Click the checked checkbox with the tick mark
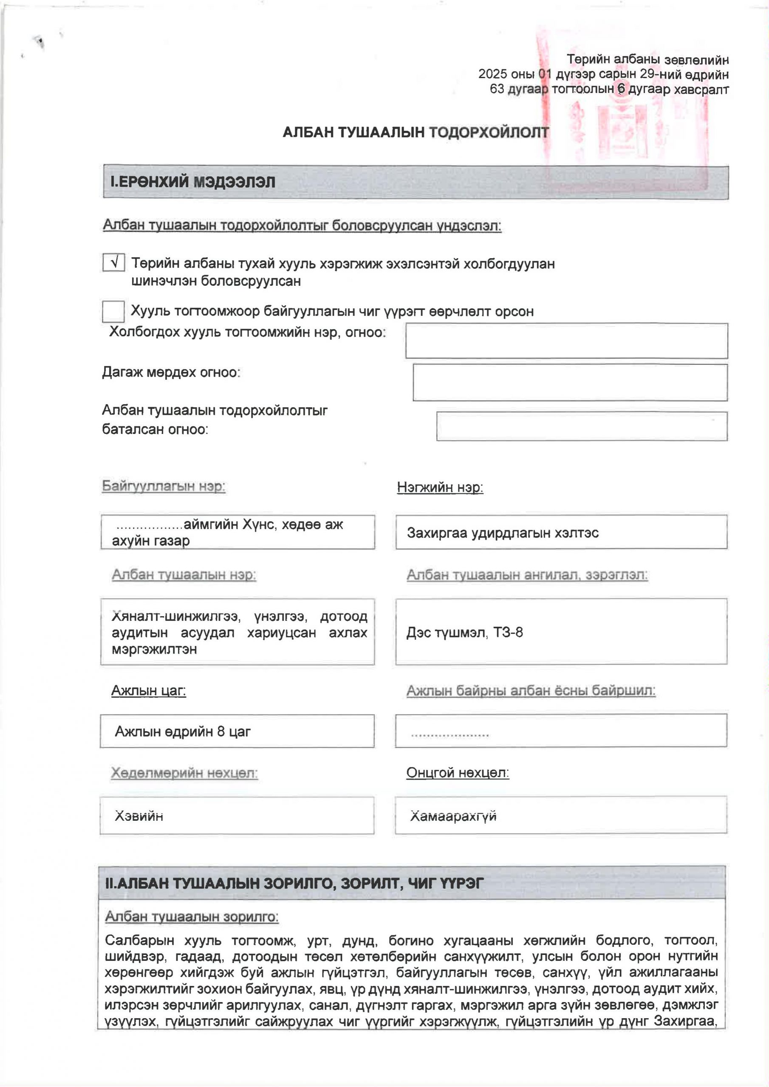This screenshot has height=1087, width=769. [x=114, y=262]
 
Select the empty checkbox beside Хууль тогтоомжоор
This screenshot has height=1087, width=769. [x=113, y=312]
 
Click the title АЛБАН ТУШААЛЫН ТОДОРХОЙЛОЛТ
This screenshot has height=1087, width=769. [x=416, y=132]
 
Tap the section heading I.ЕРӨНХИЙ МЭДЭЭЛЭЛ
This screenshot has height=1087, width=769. [x=193, y=182]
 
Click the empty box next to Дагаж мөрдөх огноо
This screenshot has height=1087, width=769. [x=570, y=382]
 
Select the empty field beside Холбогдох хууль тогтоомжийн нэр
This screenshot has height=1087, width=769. [x=566, y=341]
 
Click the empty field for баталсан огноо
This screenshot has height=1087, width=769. [x=581, y=427]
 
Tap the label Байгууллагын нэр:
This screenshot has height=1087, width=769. [x=164, y=486]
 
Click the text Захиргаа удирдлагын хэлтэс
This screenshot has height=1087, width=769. [x=503, y=533]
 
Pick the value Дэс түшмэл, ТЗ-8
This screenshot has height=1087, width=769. [x=464, y=633]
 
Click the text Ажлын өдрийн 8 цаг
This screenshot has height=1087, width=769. [x=182, y=732]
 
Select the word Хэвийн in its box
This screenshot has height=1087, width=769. [x=139, y=816]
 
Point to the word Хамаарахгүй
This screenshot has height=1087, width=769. [x=453, y=816]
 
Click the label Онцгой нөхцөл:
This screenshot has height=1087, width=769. [x=457, y=773]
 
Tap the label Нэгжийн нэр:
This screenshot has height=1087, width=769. [x=440, y=487]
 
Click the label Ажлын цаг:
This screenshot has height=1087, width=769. [x=148, y=691]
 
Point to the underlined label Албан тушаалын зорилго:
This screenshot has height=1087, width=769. [x=192, y=917]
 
